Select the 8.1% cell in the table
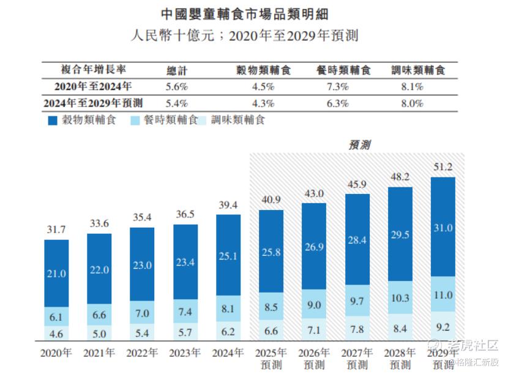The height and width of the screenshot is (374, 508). click(412, 86)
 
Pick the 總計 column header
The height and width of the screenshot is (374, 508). click(176, 70)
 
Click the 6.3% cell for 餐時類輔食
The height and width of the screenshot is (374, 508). click(337, 103)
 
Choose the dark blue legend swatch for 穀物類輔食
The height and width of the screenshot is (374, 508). click(51, 121)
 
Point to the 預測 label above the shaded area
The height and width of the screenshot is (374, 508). click(359, 144)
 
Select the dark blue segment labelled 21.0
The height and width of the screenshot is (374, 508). click(56, 273)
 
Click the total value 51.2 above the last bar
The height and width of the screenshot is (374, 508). click(443, 166)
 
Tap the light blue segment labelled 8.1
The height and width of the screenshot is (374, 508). click(228, 309)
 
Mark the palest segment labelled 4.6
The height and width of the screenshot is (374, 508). click(56, 334)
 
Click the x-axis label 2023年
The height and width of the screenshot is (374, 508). click(185, 354)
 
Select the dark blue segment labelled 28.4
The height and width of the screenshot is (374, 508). click(357, 239)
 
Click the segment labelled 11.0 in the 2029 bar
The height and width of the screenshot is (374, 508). click(443, 295)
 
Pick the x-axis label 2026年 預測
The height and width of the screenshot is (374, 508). click(314, 359)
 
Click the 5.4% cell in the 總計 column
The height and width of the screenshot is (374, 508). click(176, 103)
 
